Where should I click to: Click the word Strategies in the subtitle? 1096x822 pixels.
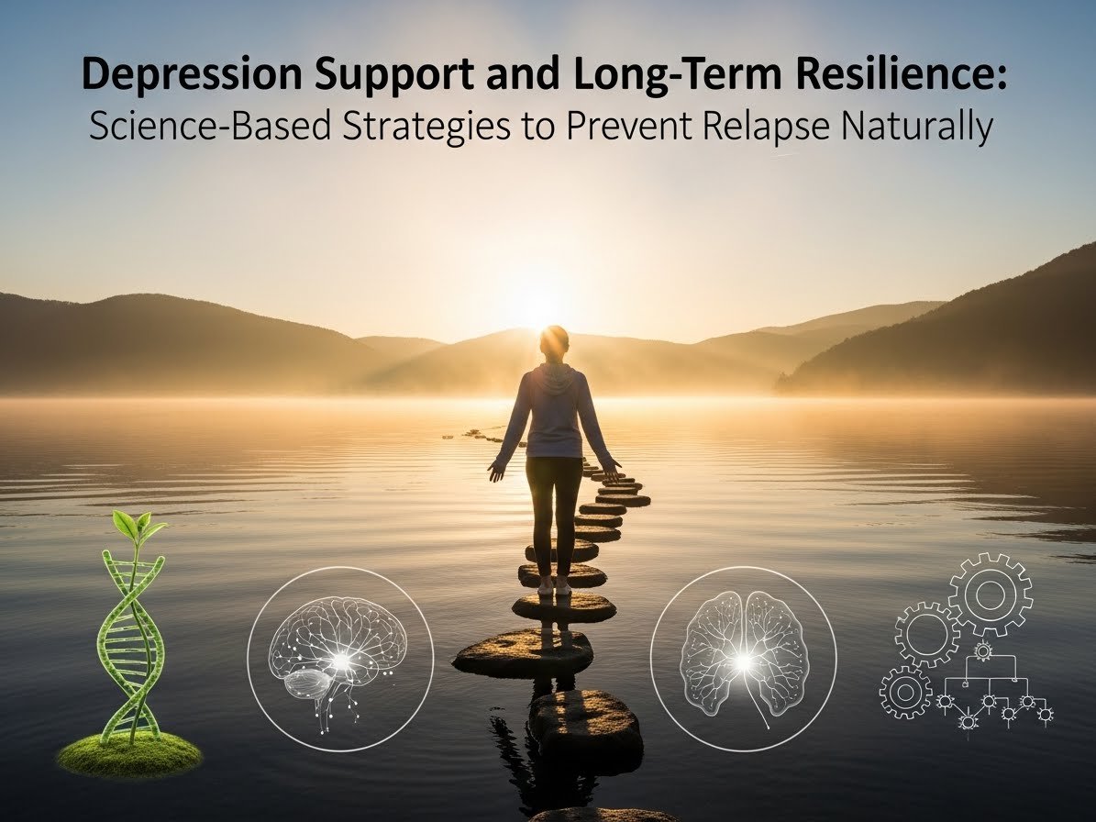pos(409,128)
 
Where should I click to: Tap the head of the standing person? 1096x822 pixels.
pos(556,341)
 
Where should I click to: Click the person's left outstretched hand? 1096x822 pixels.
pos(497,470)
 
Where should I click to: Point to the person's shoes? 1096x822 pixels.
pos(553,585)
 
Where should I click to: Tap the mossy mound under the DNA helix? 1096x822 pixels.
pos(128,752)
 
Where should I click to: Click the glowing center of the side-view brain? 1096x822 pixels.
pos(340,659)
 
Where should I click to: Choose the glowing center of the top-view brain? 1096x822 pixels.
pos(743,660)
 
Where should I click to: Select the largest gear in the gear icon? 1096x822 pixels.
pos(990,594)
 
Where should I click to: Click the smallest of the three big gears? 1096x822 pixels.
pos(905,691)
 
